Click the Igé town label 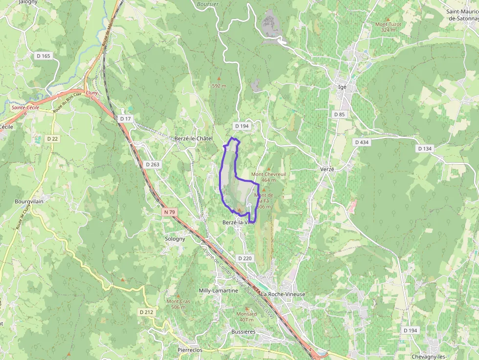(342, 86)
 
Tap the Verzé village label (327, 169)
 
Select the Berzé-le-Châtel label (194, 139)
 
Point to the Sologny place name (175, 239)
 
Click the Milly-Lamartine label (218, 291)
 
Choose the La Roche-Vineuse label (283, 294)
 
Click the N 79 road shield (170, 212)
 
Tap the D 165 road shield (43, 56)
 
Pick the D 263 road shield (152, 165)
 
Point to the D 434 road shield (362, 142)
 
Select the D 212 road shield (146, 312)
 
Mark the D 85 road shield (339, 114)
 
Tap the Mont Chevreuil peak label (268, 174)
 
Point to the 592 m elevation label (219, 86)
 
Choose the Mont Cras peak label (178, 301)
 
